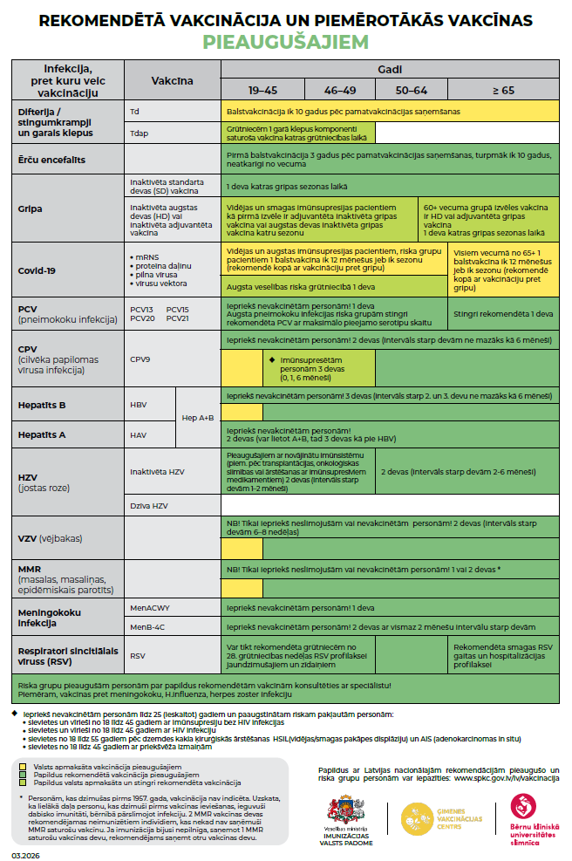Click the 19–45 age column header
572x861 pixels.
tap(262, 90)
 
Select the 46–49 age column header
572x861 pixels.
tap(339, 90)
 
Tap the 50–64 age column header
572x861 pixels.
tap(411, 90)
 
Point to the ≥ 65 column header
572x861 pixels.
tap(503, 90)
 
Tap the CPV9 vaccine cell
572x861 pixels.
tap(140, 358)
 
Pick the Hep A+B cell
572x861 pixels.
tap(198, 418)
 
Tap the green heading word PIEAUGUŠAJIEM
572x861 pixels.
tap(285, 41)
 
